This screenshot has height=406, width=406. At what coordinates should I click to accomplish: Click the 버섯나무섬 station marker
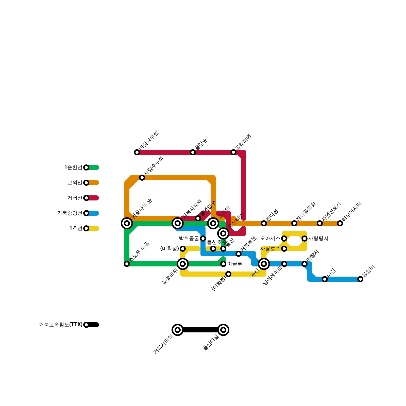tap(137, 152)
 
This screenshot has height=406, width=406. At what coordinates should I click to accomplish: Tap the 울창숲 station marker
tap(193, 152)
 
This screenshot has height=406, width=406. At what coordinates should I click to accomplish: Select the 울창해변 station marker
tap(233, 152)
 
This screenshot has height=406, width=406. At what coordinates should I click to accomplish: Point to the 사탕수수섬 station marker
tap(142, 178)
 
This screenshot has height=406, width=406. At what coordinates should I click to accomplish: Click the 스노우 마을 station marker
tap(127, 264)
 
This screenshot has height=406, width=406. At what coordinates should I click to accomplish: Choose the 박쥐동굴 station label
tap(189, 239)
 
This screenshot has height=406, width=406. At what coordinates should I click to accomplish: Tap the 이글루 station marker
tap(223, 264)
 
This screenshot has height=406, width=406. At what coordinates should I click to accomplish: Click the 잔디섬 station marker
tap(264, 223)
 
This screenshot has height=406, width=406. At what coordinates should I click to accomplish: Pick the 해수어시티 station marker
tap(340, 223)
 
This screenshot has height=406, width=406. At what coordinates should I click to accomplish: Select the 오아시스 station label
tap(270, 239)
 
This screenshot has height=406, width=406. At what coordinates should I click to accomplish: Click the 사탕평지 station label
tap(318, 239)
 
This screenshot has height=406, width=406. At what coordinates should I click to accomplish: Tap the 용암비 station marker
tap(360, 279)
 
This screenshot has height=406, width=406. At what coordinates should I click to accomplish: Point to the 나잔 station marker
tap(325, 279)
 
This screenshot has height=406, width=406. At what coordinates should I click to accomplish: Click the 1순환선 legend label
tap(73, 167)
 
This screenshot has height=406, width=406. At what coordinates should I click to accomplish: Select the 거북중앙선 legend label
tap(70, 213)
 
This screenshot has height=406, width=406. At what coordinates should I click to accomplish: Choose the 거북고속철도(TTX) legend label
tap(61, 325)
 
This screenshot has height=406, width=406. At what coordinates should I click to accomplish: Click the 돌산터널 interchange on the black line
tap(223, 330)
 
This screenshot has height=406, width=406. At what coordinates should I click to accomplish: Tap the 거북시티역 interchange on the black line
tap(178, 330)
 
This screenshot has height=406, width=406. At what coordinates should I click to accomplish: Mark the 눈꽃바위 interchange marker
tap(183, 264)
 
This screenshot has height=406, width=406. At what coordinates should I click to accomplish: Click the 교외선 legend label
tap(75, 183)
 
